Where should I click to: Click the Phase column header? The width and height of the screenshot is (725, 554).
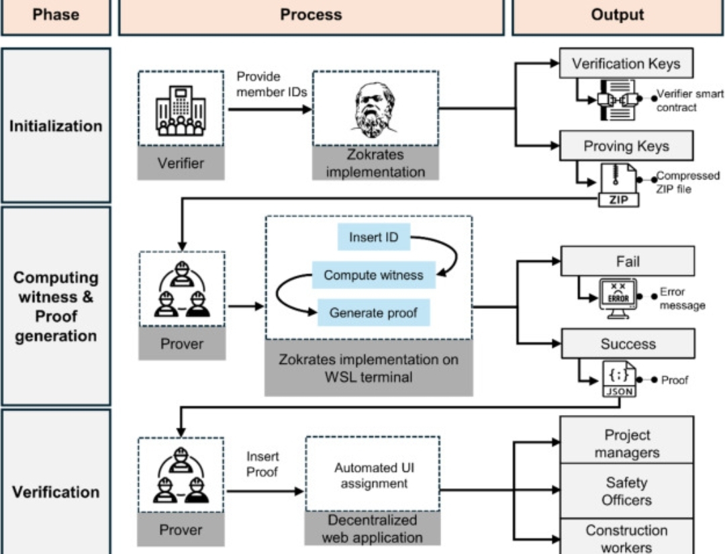click(x=56, y=15)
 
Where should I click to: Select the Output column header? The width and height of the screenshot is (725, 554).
click(x=618, y=15)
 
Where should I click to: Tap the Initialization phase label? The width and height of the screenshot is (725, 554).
click(x=56, y=126)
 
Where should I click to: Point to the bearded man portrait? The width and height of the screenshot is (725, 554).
click(x=375, y=109)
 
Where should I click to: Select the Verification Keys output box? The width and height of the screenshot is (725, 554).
click(x=626, y=64)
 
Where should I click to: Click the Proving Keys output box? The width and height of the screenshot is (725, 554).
click(x=626, y=146)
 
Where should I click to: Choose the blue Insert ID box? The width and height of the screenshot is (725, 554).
click(x=373, y=237)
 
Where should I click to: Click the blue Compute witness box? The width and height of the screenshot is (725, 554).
click(x=373, y=275)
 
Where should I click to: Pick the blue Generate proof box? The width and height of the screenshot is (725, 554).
click(x=373, y=313)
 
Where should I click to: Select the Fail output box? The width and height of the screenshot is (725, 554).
click(x=628, y=261)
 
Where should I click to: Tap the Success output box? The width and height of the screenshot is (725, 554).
click(x=628, y=344)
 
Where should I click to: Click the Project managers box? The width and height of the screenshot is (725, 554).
click(x=627, y=443)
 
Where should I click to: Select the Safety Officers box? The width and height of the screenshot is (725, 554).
click(x=627, y=491)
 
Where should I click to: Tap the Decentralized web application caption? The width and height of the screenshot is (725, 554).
click(x=373, y=528)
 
